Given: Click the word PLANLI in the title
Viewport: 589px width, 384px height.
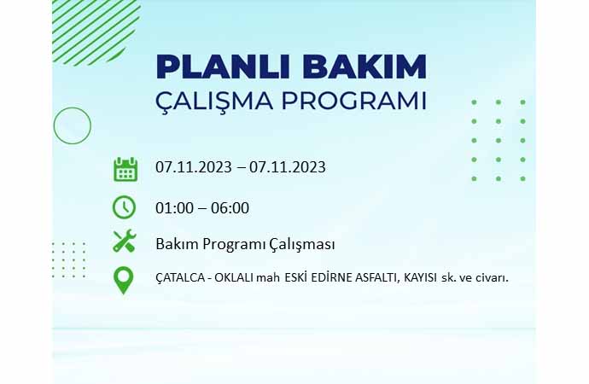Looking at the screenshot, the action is point(224,67).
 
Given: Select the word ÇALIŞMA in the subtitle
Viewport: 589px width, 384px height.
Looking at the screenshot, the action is point(214,101).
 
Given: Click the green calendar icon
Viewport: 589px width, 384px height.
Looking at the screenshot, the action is point(125,169).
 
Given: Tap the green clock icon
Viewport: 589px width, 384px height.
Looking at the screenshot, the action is point(124,207).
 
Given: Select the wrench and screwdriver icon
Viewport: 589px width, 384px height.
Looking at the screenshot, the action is point(125,241).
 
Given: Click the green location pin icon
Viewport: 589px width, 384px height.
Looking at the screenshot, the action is point(123,280).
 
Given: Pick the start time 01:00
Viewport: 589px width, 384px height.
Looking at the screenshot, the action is point(174,208).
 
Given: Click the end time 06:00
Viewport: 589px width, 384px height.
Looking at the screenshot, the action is point(230,208).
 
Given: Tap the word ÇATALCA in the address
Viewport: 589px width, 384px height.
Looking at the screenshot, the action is point(180,278).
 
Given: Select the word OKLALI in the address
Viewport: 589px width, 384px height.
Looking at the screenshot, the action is point(234,278).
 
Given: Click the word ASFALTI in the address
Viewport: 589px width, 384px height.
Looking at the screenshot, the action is point(377,278).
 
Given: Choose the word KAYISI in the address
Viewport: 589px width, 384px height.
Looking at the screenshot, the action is point(420,278).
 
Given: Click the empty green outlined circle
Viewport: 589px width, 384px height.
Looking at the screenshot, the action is point(72,108).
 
